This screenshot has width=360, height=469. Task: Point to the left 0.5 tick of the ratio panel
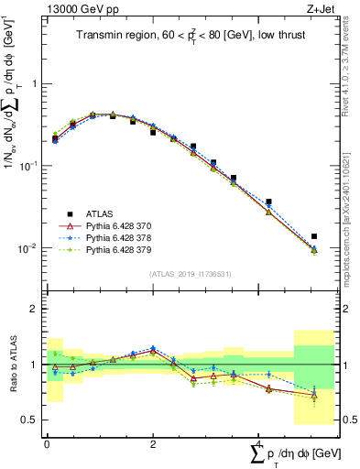coord(30,420)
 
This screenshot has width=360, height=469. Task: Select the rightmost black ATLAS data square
coord(314,236)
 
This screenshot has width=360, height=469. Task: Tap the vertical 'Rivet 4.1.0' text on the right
coord(343,55)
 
